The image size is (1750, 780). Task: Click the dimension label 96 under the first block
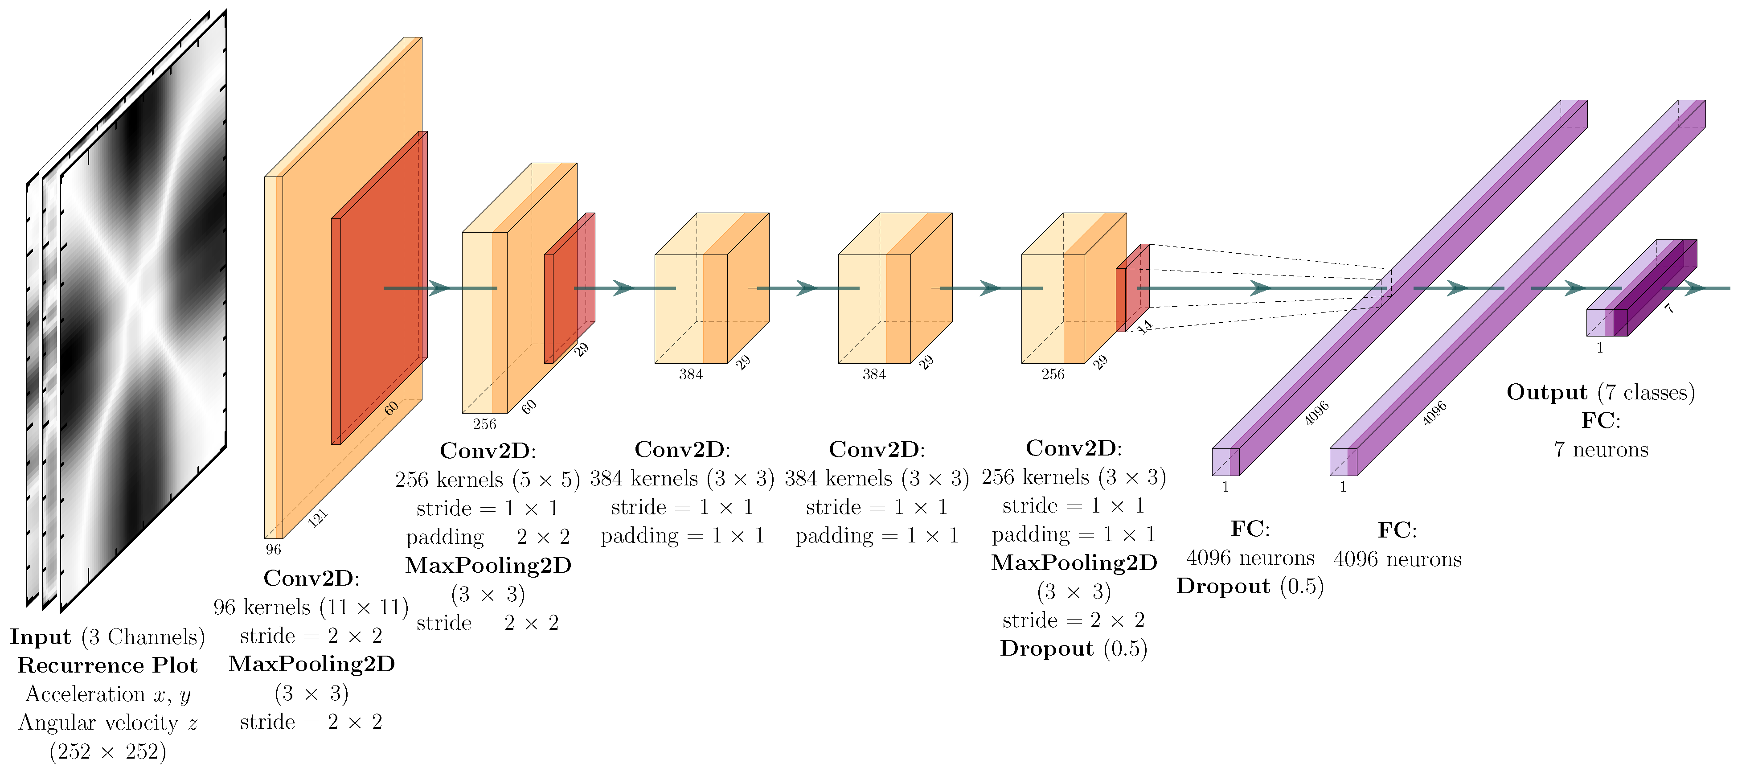click(x=273, y=549)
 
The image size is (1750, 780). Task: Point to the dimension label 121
click(x=318, y=518)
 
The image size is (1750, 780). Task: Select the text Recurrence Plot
click(x=107, y=665)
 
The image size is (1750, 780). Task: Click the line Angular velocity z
click(x=107, y=722)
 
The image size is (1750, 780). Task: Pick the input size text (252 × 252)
click(x=107, y=751)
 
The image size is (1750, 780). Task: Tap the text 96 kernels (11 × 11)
click(x=311, y=607)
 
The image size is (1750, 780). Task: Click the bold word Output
click(x=1546, y=392)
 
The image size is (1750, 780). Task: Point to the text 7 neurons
click(x=1601, y=450)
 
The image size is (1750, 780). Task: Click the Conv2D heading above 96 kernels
click(x=311, y=578)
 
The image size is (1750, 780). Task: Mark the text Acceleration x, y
click(x=107, y=694)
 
